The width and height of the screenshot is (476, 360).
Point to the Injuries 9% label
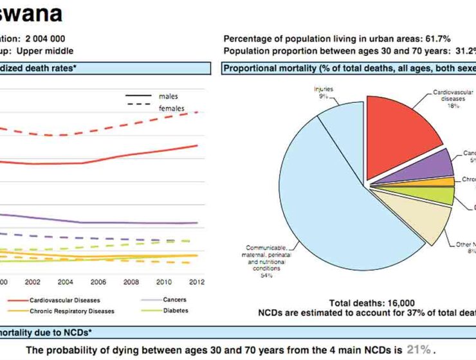pos(323,92)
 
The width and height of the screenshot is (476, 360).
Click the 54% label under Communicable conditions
pos(266,275)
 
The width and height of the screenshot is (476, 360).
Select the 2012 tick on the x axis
pos(197,282)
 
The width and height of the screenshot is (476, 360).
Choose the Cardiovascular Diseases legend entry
pos(64,300)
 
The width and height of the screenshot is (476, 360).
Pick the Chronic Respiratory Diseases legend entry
pos(71,311)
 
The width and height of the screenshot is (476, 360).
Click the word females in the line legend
pos(171,109)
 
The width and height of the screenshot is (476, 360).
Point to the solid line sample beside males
pos(138,96)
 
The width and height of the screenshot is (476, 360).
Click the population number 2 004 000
pos(45,39)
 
